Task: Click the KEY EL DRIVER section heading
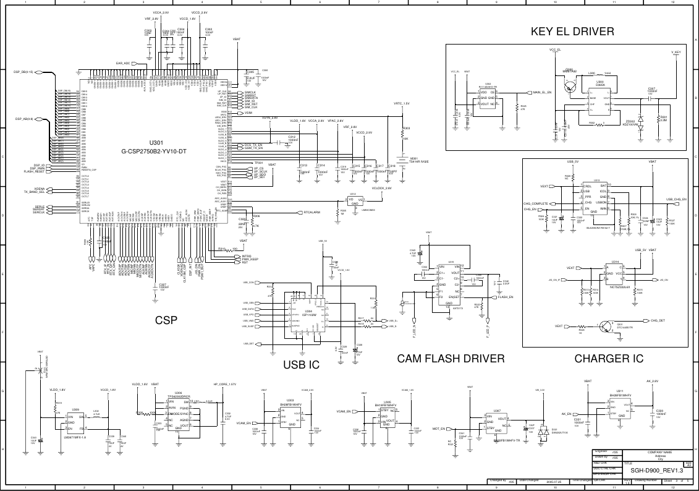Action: point(572,32)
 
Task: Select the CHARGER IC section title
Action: point(609,358)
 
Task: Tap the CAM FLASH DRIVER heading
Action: point(451,359)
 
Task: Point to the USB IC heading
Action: point(301,365)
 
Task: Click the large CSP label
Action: point(166,320)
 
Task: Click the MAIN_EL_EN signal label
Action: point(542,93)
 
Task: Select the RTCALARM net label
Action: point(311,212)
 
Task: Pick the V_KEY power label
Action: point(676,52)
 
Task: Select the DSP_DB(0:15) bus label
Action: point(23,72)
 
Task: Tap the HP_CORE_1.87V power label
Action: point(224,384)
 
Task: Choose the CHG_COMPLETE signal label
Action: point(536,203)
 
